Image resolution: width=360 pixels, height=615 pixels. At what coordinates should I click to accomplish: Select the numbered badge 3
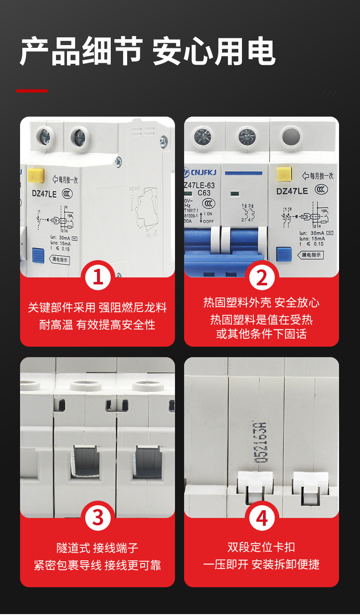click(98, 518)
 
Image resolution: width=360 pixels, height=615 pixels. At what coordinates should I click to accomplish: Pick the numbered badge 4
click(262, 518)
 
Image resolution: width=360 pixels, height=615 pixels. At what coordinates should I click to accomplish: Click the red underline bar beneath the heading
click(32, 91)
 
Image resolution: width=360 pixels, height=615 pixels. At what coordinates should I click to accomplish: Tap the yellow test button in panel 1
click(36, 175)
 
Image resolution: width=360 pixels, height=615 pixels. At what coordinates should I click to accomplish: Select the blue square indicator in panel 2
click(284, 254)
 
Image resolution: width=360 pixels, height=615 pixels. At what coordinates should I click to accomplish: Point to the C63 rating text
click(204, 193)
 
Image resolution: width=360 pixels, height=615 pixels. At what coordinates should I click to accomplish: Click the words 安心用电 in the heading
click(214, 51)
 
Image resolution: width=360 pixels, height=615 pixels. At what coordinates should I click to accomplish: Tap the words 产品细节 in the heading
click(81, 51)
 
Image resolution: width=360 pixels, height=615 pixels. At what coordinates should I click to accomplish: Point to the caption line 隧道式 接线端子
click(98, 548)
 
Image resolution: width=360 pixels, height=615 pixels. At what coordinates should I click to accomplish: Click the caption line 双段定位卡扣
click(261, 547)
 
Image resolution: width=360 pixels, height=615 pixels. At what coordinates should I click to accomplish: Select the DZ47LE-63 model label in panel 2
click(200, 185)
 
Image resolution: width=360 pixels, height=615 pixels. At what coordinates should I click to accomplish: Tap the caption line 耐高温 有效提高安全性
click(98, 325)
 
